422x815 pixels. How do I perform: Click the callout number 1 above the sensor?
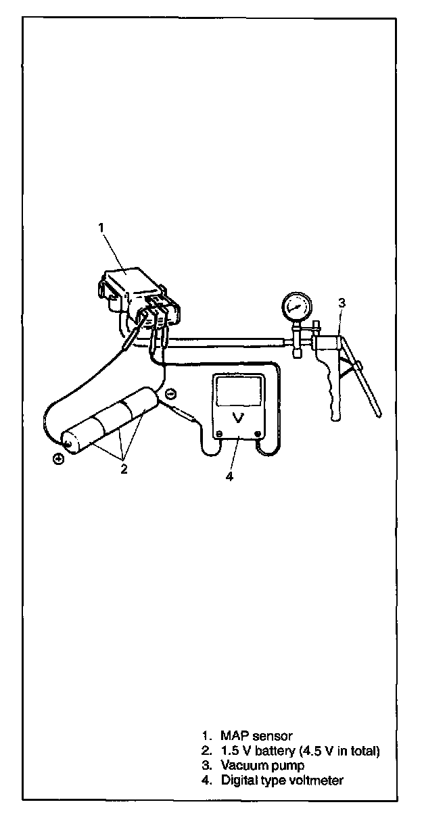click(x=101, y=228)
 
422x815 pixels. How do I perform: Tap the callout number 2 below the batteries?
click(x=124, y=469)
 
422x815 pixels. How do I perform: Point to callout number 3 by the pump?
click(x=342, y=303)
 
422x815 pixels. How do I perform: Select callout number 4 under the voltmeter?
click(x=229, y=476)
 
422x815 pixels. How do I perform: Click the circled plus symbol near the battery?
click(x=60, y=459)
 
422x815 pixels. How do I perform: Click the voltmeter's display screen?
click(x=238, y=391)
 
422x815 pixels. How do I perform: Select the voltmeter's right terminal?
click(x=257, y=434)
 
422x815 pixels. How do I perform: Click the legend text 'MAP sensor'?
click(x=256, y=735)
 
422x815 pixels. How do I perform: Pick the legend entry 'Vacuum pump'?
click(x=262, y=766)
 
